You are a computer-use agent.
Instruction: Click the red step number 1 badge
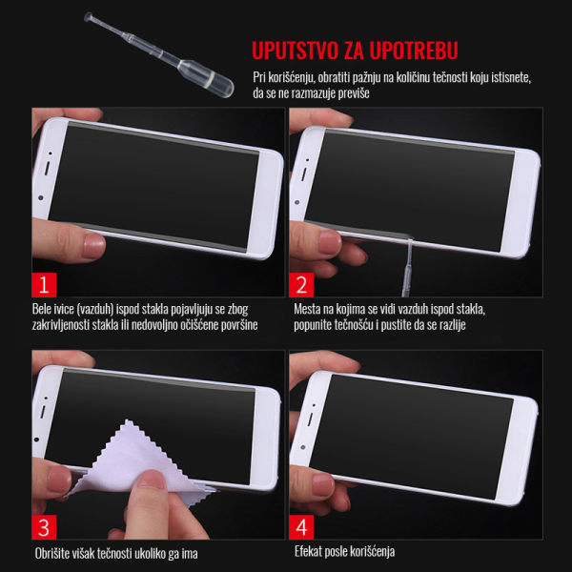coord(44,284)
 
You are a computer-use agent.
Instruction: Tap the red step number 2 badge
coord(301,284)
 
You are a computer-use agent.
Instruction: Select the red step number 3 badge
coord(44,527)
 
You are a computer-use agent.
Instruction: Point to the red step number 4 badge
coord(301,527)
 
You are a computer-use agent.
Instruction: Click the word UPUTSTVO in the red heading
coord(296,51)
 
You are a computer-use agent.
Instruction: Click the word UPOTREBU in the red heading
coord(414,51)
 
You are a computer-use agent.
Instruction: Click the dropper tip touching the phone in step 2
coord(410,241)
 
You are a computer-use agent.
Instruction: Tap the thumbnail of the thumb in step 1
coord(93,246)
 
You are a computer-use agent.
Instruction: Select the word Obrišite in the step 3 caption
coord(52,553)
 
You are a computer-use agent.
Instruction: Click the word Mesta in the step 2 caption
coord(306,309)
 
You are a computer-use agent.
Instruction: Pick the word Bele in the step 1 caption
coord(41,309)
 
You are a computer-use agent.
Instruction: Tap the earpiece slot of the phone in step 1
coord(47,168)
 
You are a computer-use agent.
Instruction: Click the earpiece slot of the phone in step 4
coord(310,419)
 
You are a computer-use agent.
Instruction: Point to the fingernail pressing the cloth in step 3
coord(152,479)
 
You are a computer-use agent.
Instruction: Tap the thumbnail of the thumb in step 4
coord(323,484)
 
